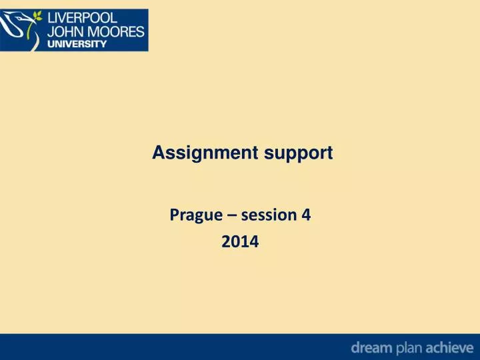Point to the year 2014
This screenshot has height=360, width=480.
240,244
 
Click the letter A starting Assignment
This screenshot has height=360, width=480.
158,153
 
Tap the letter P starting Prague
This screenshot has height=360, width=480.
174,215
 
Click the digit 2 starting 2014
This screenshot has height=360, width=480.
225,244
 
